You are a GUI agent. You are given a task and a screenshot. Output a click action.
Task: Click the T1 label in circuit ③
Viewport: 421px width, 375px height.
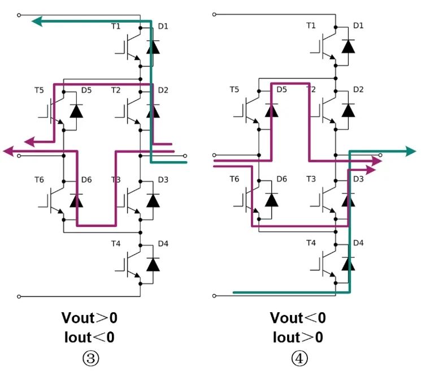pyautogui.click(x=116, y=26)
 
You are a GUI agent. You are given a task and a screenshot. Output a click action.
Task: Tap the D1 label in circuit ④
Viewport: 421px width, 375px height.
pyautogui.click(x=358, y=25)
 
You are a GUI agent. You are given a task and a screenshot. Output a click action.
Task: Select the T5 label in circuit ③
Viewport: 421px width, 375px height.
pyautogui.click(x=39, y=90)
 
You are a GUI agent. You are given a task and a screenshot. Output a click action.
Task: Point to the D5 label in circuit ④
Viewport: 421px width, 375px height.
pyautogui.click(x=281, y=89)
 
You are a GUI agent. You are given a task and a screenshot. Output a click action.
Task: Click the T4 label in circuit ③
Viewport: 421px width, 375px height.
pyautogui.click(x=116, y=244)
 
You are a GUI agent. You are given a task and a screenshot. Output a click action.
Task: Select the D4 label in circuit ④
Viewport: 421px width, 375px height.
pyautogui.click(x=358, y=244)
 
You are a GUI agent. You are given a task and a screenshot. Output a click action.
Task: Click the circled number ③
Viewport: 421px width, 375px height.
pyautogui.click(x=90, y=357)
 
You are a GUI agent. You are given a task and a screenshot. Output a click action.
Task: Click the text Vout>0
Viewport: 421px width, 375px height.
pyautogui.click(x=90, y=317)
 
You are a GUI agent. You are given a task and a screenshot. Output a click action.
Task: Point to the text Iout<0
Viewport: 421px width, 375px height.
pyautogui.click(x=90, y=337)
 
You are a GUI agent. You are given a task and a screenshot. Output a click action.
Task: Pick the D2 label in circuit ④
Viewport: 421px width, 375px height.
pyautogui.click(x=358, y=89)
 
